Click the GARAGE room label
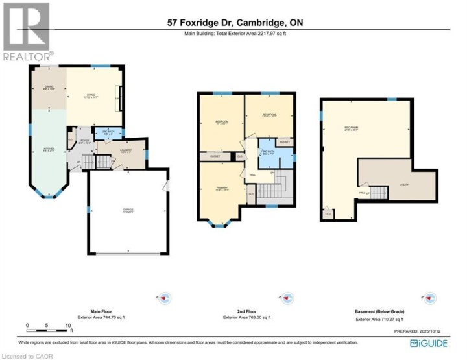coord(128,210)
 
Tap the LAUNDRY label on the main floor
coord(125,152)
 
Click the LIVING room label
coord(90,97)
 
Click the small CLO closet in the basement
coord(328,213)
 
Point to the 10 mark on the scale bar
coord(67,324)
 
